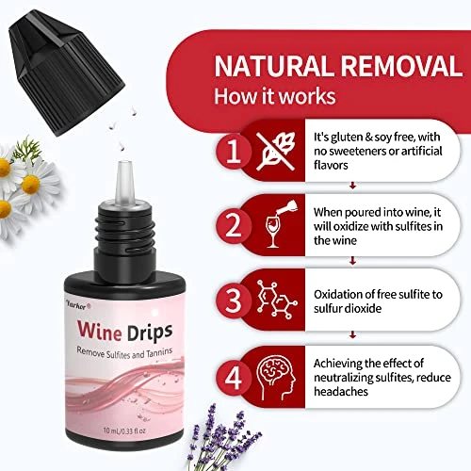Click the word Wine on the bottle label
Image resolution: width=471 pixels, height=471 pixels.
click(x=100, y=331)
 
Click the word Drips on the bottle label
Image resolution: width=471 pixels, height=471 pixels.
click(x=150, y=333)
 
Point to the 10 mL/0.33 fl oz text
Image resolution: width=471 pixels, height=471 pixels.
click(x=124, y=430)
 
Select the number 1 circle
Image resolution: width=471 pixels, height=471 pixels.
click(x=234, y=151)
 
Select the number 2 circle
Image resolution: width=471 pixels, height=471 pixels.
click(x=234, y=226)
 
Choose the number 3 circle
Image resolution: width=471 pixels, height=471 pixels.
click(x=234, y=300)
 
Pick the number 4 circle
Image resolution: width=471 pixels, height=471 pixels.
click(x=234, y=379)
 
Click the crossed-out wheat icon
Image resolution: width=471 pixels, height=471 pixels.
click(x=276, y=151)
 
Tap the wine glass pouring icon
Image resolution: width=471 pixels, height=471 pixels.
click(x=281, y=223)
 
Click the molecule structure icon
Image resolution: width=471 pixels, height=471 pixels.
click(x=277, y=300)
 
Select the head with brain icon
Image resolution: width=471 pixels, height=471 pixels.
click(x=276, y=378)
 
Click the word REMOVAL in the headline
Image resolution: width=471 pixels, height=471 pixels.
click(x=401, y=66)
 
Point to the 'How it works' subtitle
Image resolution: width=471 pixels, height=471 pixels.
click(x=275, y=96)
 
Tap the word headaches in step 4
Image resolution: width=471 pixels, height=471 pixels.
click(x=341, y=391)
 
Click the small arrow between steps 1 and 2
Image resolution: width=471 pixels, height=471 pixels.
click(x=352, y=186)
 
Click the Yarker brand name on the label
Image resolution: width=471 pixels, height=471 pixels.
click(x=78, y=306)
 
